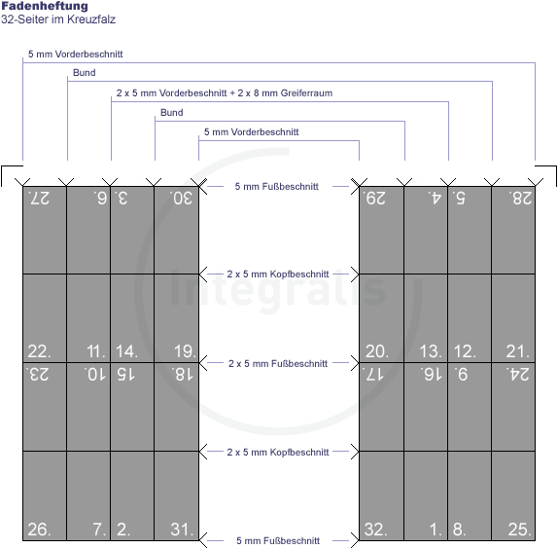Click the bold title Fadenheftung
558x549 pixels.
coord(45,6)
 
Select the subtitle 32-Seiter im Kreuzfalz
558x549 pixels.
coord(58,19)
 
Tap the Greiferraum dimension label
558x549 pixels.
coord(225,93)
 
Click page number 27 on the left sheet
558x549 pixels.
coord(39,198)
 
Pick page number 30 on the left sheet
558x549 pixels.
coord(182,198)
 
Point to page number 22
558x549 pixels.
coord(39,351)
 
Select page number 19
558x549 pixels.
coord(185,351)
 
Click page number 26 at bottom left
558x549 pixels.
coord(39,530)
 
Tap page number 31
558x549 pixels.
coord(182,530)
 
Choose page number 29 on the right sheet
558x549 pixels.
coord(373,198)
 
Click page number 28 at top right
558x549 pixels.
coord(520,198)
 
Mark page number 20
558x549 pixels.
coord(377,351)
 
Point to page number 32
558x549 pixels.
coord(376,530)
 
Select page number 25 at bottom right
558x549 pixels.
coord(519,530)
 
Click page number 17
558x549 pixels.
coord(372,375)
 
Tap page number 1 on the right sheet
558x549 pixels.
coord(436,530)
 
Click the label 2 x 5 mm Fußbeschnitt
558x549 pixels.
coord(278,363)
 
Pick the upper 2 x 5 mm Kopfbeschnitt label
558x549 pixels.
coord(278,274)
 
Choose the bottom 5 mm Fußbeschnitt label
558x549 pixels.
coord(278,541)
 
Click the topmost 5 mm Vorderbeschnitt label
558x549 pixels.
coord(76,55)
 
